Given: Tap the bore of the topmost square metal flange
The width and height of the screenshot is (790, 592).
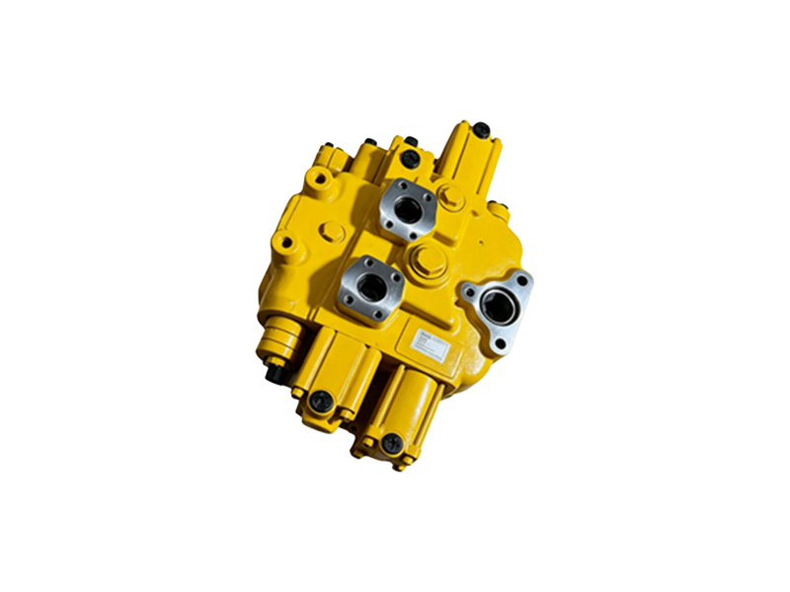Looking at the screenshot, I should click(x=406, y=208).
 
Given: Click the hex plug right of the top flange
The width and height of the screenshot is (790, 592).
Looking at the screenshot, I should click(x=451, y=197).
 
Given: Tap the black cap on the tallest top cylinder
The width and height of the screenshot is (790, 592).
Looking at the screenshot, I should click(x=481, y=129).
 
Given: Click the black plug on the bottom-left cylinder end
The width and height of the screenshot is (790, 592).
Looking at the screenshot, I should click(x=320, y=402).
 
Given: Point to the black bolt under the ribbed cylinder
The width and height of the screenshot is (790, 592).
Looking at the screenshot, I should click(x=276, y=374).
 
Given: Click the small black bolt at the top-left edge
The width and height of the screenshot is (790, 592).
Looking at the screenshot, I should click(x=369, y=144).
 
